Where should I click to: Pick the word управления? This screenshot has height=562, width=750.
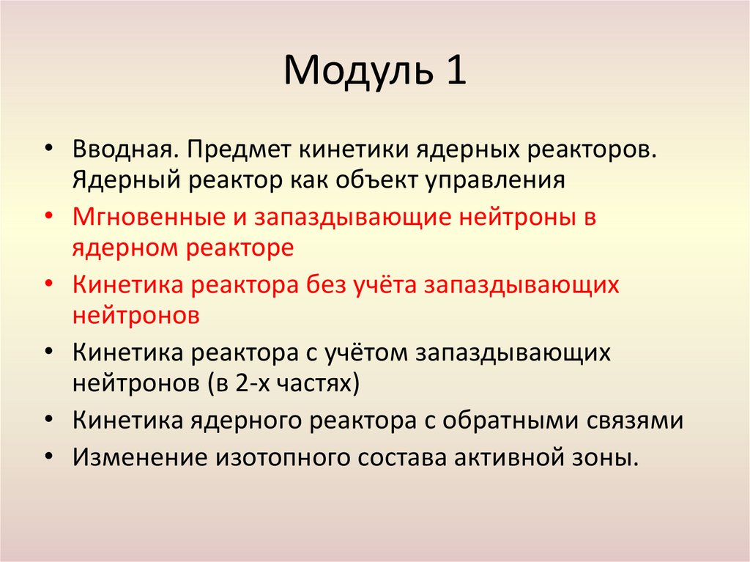(492, 180)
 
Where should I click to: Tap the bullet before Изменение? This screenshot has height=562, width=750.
(48, 456)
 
